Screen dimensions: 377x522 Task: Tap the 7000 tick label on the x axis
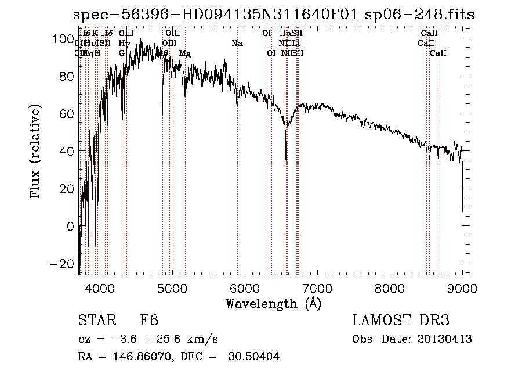[x=317, y=288]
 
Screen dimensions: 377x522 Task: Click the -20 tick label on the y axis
[x=60, y=263]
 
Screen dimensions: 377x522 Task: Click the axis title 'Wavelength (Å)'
[x=273, y=303]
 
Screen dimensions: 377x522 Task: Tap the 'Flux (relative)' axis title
[x=36, y=152]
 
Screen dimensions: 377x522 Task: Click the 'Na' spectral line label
[x=237, y=44]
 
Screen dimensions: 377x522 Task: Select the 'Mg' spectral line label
[x=185, y=53]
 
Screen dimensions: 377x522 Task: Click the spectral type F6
[x=149, y=321]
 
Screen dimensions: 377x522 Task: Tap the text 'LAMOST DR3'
[x=401, y=321]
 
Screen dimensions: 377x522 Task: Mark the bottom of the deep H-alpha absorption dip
[x=286, y=159]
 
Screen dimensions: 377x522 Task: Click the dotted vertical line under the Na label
[x=237, y=174]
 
